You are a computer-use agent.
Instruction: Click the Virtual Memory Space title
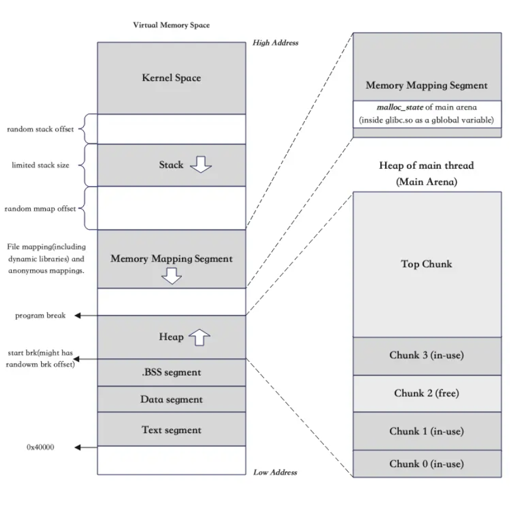click(x=171, y=26)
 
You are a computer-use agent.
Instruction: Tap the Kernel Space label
click(x=171, y=78)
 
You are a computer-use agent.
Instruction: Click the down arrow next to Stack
click(x=200, y=165)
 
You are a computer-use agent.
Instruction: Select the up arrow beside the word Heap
click(x=200, y=338)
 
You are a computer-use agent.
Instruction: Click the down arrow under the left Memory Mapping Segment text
click(x=171, y=275)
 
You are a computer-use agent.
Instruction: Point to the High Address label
click(x=275, y=43)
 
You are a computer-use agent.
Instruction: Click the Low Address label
click(x=275, y=472)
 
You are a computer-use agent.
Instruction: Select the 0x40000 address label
click(x=40, y=447)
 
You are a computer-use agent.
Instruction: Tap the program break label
click(x=40, y=316)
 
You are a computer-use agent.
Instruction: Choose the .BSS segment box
click(x=171, y=373)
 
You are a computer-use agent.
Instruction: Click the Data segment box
click(x=171, y=399)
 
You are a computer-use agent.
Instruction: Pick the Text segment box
click(x=171, y=430)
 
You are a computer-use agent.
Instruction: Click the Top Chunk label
click(x=426, y=264)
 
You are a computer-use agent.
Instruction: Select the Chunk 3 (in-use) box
click(x=426, y=355)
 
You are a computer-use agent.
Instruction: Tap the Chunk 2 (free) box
click(x=426, y=393)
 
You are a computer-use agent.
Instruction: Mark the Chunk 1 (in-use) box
click(x=426, y=431)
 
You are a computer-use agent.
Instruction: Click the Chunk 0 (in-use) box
click(x=426, y=463)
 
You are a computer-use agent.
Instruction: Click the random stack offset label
click(x=40, y=130)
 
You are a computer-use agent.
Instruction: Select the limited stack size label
click(x=40, y=165)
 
